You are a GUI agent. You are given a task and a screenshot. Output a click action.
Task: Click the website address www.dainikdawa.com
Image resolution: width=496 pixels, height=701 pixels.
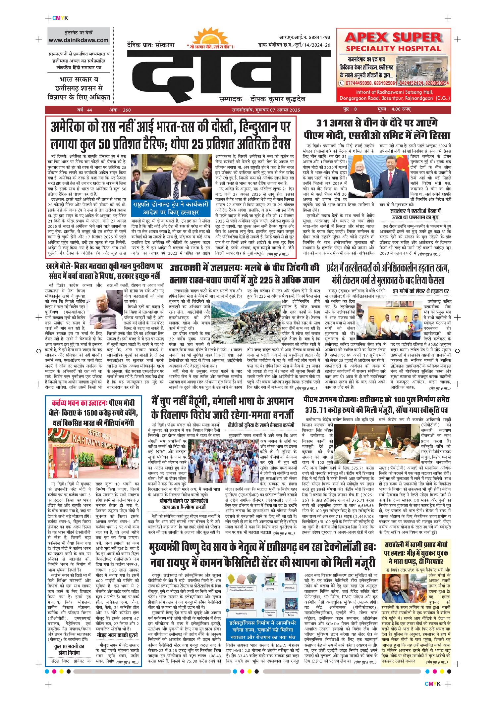coord(79,40)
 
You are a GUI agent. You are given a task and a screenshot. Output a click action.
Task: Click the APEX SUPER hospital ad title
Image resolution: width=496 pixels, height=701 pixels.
coord(393,42)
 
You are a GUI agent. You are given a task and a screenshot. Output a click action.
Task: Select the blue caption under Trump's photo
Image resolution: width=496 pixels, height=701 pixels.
coord(171,208)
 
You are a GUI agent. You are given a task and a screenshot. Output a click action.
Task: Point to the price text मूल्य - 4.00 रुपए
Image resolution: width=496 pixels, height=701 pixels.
coord(394,109)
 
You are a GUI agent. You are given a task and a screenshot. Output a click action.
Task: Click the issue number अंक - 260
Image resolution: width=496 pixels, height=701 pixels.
coord(120,110)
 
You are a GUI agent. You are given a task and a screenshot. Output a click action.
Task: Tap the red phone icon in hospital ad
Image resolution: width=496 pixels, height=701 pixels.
coord(341,83)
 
